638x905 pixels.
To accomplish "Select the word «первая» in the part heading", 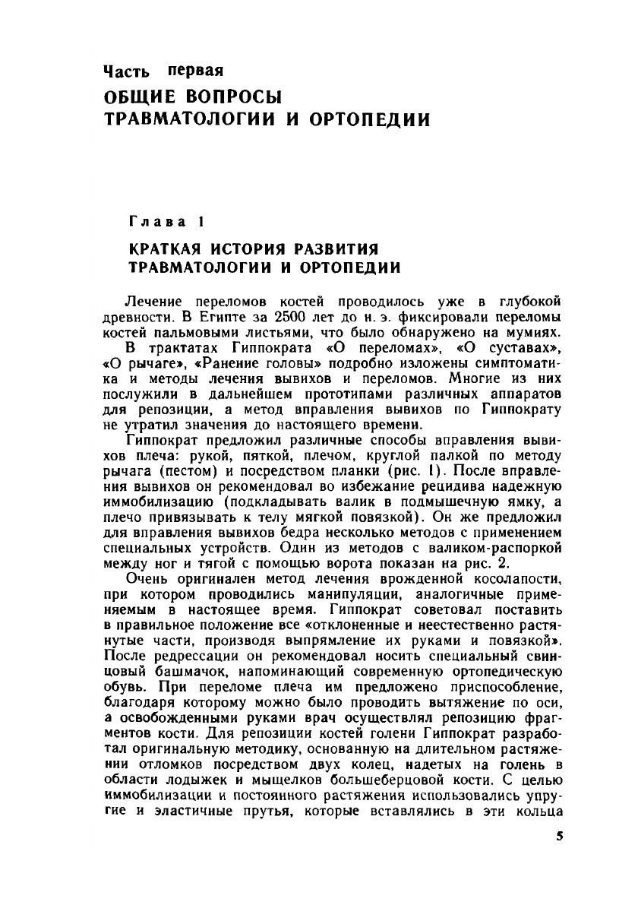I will (x=195, y=71).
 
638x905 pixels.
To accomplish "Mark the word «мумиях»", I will (x=534, y=327).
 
